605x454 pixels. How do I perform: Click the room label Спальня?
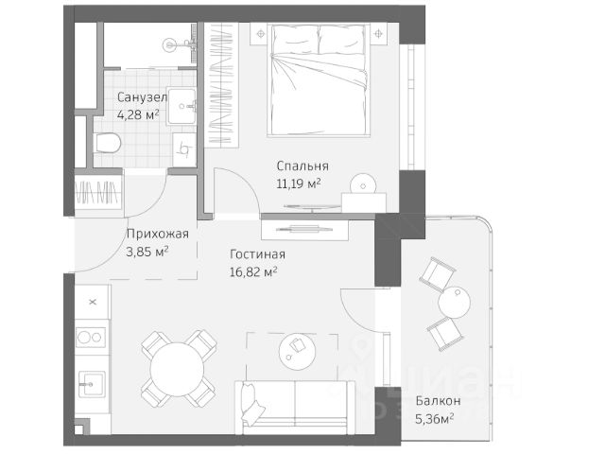(302, 166)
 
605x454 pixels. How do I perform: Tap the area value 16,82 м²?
(253, 272)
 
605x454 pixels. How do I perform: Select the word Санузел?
(142, 97)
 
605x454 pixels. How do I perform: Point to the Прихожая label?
(158, 234)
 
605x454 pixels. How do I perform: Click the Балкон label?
(438, 401)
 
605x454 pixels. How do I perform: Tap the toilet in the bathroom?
(107, 143)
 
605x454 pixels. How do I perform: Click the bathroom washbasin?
(181, 107)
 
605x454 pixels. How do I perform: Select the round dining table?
(177, 369)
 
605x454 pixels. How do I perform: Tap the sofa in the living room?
(296, 408)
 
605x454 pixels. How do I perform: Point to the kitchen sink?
(92, 384)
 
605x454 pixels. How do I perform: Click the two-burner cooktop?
(91, 338)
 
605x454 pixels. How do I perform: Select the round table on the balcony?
(454, 303)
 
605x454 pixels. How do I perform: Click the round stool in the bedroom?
(363, 185)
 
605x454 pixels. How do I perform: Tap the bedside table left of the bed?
(261, 34)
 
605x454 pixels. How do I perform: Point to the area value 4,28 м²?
(138, 114)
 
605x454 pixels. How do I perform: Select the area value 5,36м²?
(434, 418)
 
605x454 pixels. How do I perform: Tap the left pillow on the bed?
(295, 40)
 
